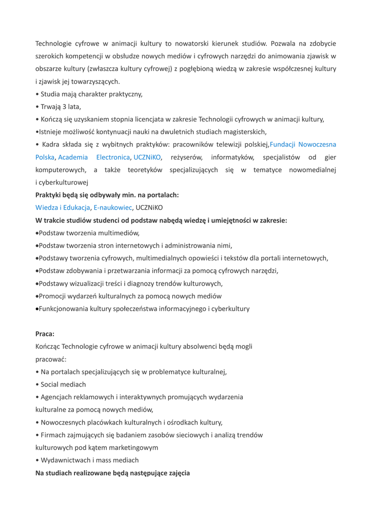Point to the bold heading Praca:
pos(45,333)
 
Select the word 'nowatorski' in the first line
pos(190,43)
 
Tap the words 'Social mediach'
pos(63,384)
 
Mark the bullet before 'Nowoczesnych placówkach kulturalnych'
pos(37,422)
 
